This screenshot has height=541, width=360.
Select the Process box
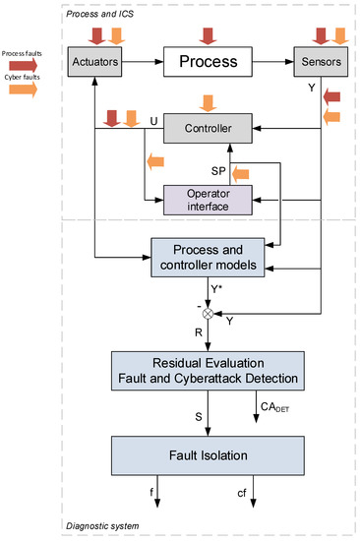pyautogui.click(x=207, y=62)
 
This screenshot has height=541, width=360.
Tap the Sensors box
pyautogui.click(x=318, y=62)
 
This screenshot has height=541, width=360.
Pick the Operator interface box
pyautogui.click(x=207, y=199)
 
